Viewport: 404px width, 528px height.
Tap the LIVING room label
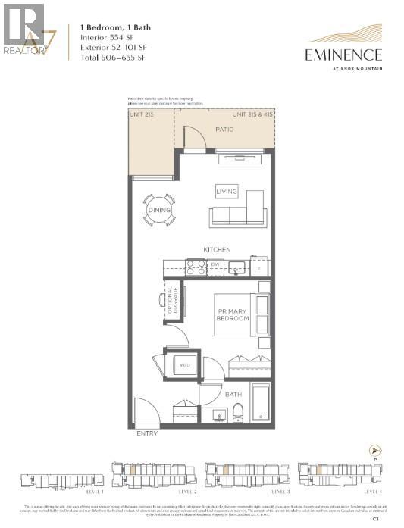click(x=227, y=192)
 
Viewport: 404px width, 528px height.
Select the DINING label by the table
click(x=159, y=210)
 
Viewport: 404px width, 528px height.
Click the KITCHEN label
click(x=216, y=249)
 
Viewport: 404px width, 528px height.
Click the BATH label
click(x=234, y=395)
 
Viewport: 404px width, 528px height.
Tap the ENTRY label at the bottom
click(x=147, y=434)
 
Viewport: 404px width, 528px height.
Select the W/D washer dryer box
click(x=184, y=365)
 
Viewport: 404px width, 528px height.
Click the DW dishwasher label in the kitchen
click(x=215, y=265)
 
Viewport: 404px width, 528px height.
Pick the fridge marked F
click(x=259, y=267)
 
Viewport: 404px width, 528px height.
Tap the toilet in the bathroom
click(x=236, y=412)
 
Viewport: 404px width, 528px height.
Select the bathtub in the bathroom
click(x=260, y=401)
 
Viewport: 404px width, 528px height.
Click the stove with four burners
click(x=196, y=267)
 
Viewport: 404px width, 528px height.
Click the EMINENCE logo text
click(x=343, y=54)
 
